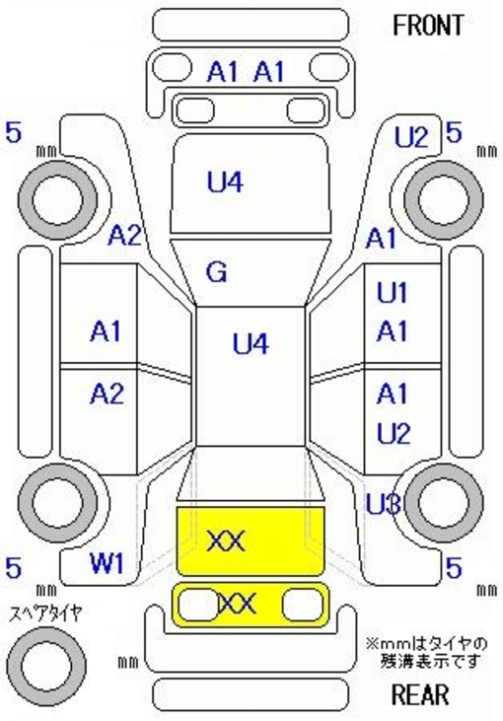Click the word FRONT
click(x=428, y=26)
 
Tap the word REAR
click(x=420, y=694)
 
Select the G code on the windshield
click(x=217, y=272)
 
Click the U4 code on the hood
click(x=225, y=181)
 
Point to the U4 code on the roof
click(x=251, y=343)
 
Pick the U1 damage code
click(x=393, y=293)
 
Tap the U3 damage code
click(x=384, y=505)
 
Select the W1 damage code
click(x=108, y=563)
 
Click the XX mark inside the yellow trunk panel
click(x=225, y=541)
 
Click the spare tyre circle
click(x=46, y=666)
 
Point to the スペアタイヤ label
click(x=46, y=613)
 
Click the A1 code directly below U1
click(x=393, y=331)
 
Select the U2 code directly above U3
click(x=394, y=434)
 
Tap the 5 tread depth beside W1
click(x=14, y=568)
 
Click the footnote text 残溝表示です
click(x=430, y=661)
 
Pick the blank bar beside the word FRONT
click(x=251, y=26)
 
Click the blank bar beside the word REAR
click(x=251, y=694)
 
